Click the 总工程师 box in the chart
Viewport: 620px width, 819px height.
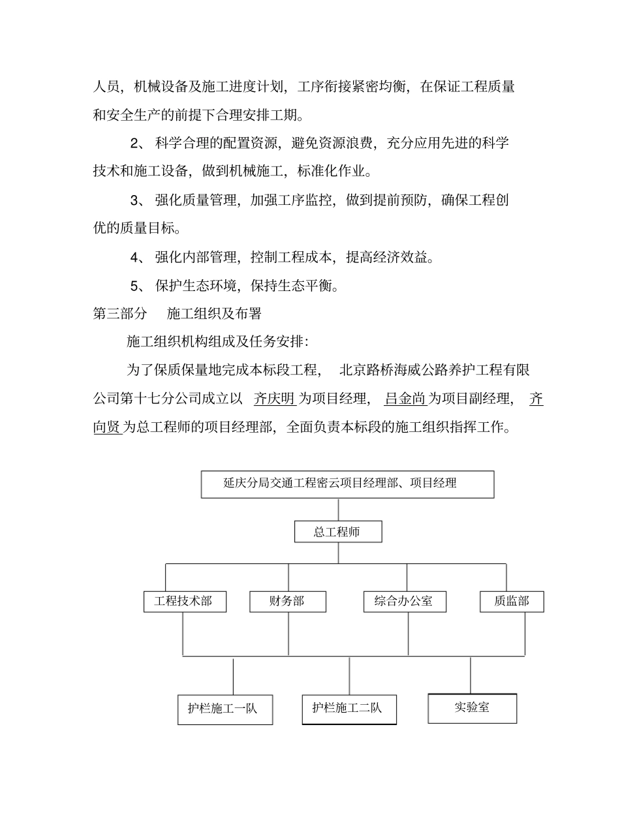tap(337, 532)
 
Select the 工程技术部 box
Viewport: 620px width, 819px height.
tap(185, 601)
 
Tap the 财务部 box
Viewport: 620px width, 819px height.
tap(287, 601)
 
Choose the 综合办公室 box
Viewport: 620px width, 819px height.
tap(405, 601)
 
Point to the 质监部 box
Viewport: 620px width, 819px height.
tap(512, 601)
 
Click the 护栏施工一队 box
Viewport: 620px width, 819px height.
tap(225, 709)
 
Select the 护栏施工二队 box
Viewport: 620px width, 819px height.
tap(349, 709)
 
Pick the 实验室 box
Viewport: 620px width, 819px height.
tap(472, 708)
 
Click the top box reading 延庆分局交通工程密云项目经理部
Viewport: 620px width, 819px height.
tap(347, 484)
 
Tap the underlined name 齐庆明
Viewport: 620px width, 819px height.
tap(275, 399)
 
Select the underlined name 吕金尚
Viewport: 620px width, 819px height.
tap(405, 399)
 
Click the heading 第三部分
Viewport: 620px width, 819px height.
tap(120, 314)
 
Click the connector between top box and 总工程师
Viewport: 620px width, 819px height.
tap(338, 510)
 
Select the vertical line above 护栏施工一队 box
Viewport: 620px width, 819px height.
tap(233, 676)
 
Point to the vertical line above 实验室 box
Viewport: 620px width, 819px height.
tap(471, 675)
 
